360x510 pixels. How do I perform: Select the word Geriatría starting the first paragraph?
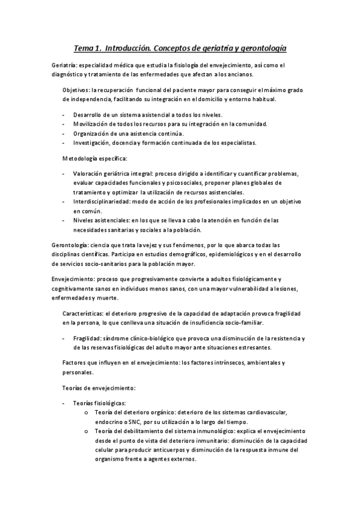point(65,65)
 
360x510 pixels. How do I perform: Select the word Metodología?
point(82,158)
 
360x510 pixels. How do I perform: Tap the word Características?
point(82,314)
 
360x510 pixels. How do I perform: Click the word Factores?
point(75,363)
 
